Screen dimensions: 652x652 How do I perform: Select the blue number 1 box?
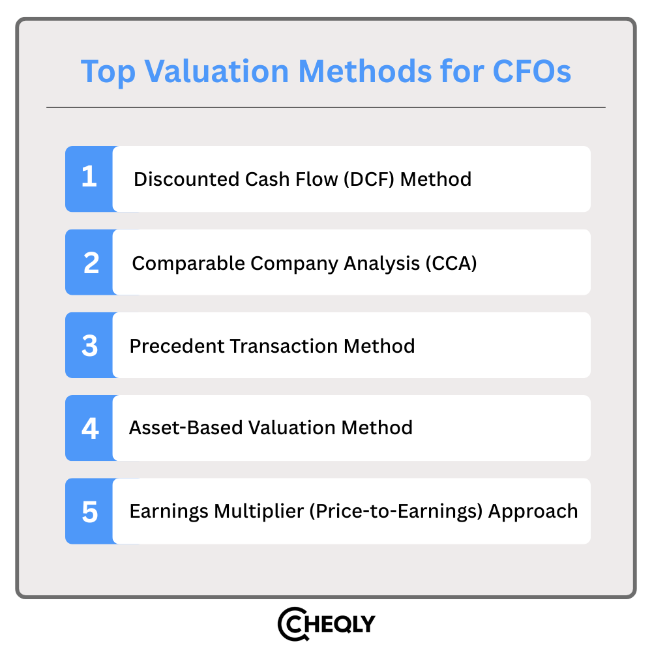click(89, 179)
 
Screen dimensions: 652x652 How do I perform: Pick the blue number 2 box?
click(89, 262)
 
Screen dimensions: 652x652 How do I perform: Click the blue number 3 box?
click(89, 345)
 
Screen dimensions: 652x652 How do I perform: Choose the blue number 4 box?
click(89, 428)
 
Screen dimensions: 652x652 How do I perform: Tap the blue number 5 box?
click(89, 511)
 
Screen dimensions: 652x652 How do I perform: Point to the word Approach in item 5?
click(533, 511)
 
